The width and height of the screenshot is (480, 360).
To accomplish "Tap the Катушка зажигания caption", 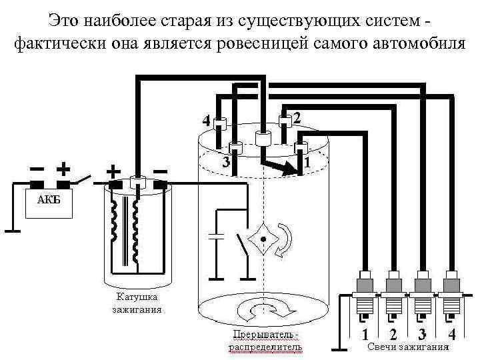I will point(137,303).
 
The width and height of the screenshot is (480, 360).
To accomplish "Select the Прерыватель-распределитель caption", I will point(265,340).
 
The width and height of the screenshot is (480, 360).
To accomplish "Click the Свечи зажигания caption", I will point(408,347).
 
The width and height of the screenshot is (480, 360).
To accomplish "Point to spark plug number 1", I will point(365,293).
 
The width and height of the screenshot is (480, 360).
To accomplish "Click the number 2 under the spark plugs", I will point(393,333).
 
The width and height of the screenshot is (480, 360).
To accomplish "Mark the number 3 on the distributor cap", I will point(226,162).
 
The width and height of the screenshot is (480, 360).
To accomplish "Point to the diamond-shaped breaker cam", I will point(265,238).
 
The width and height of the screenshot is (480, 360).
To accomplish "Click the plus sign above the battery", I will point(64,167).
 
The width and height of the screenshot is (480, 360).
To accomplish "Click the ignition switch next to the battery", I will point(83,179).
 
